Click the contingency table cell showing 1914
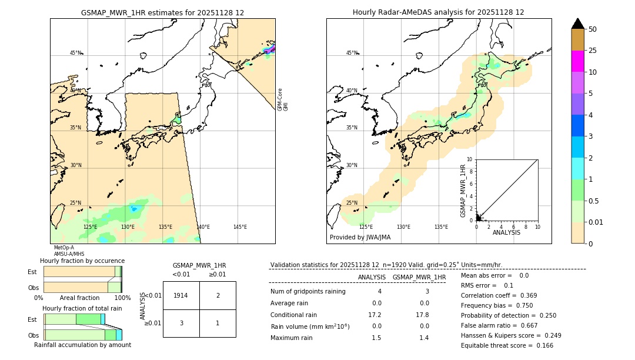181,295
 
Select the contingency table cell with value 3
181,322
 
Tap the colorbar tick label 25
593,51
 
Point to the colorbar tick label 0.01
596,222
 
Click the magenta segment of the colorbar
577,61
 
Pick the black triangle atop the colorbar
577,24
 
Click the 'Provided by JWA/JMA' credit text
360,238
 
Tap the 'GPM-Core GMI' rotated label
282,99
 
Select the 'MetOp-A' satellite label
64,248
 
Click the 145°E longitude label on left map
240,227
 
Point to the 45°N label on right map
352,53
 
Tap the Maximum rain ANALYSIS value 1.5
376,338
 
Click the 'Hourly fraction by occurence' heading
82,261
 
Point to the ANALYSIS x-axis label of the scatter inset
506,232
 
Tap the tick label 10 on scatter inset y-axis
469,159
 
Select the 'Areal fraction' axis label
80,298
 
